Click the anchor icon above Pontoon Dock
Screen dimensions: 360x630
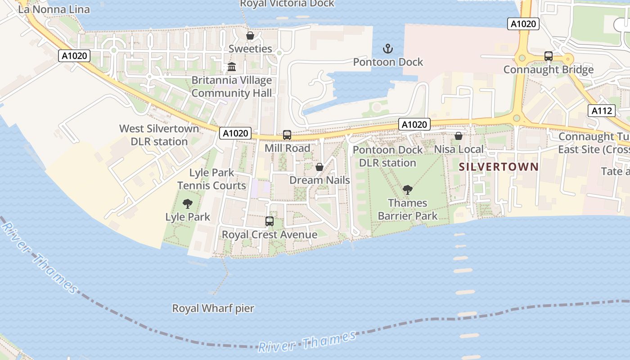click(387, 48)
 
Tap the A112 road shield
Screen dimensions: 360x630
click(602, 111)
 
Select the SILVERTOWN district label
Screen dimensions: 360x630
click(499, 166)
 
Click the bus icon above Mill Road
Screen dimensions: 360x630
click(287, 135)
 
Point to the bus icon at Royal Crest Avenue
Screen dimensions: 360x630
click(270, 221)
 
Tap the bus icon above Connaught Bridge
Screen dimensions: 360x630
click(548, 56)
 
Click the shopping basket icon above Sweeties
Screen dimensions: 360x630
click(250, 35)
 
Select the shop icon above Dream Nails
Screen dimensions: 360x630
click(319, 167)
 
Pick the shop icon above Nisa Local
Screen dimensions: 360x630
click(459, 136)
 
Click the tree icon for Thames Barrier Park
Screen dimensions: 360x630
click(408, 190)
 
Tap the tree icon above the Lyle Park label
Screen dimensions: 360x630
click(188, 204)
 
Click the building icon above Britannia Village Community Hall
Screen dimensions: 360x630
click(232, 67)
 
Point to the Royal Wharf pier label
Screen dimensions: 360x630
click(213, 309)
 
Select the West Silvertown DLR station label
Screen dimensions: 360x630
click(159, 135)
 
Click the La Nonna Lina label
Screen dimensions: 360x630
click(54, 9)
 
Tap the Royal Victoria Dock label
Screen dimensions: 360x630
click(287, 4)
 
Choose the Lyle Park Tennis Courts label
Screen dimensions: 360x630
click(211, 179)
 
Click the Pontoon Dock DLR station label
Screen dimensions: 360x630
click(388, 156)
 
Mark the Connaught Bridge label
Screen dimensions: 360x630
click(548, 70)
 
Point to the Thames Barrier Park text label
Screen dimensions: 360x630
click(408, 209)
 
